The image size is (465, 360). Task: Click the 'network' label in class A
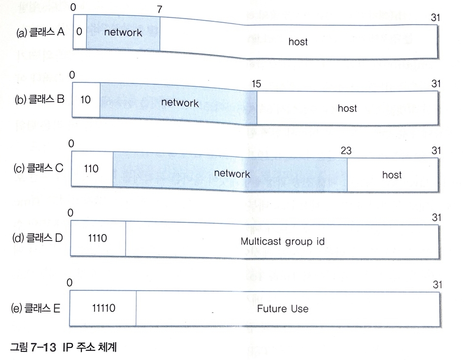[123, 32]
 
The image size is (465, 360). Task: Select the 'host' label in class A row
[298, 42]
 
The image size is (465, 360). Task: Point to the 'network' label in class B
[179, 103]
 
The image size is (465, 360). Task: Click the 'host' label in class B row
[347, 108]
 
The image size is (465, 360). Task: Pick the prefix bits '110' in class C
[91, 169]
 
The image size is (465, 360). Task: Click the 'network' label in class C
[232, 174]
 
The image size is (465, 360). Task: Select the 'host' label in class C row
[392, 174]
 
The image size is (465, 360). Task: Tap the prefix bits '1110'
[98, 238]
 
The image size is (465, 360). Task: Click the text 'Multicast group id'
[283, 241]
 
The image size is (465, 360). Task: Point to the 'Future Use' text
[283, 309]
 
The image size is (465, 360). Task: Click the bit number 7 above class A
[159, 10]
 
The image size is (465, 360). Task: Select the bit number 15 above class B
[256, 84]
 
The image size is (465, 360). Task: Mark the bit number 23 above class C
[346, 151]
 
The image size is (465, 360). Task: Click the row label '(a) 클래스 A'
[40, 32]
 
